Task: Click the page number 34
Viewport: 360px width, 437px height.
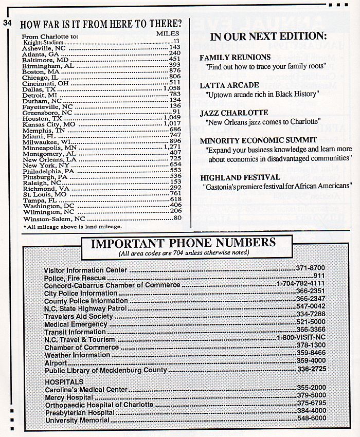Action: tap(7, 23)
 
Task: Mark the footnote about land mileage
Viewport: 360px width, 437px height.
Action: tap(73, 226)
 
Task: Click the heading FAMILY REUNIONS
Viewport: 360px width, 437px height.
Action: tap(235, 57)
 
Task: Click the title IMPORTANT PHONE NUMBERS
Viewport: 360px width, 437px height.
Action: tap(183, 243)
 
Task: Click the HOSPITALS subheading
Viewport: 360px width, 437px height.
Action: tap(64, 382)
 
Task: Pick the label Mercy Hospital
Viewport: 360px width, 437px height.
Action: tap(69, 397)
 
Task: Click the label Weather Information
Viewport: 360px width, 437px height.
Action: tap(77, 355)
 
